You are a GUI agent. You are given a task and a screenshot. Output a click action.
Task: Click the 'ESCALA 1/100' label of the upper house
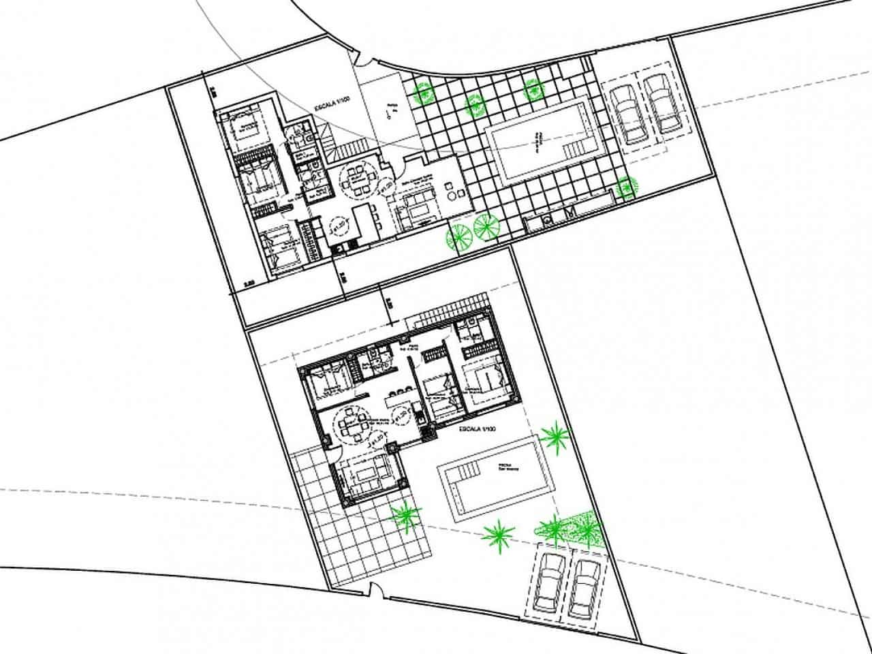[331, 108]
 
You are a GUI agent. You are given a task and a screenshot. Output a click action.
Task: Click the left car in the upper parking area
[627, 112]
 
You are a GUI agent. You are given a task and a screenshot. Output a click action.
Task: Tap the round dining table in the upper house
[355, 179]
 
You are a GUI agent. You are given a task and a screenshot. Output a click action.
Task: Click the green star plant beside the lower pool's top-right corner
[555, 435]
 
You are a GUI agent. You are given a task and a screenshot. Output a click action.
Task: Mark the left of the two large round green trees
[458, 235]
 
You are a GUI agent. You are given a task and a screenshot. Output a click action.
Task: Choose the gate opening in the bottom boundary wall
[371, 591]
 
